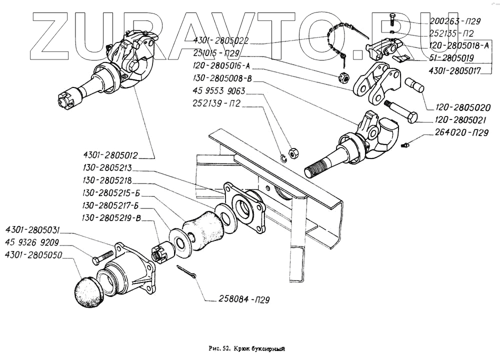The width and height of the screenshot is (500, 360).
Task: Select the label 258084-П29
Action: [x=244, y=299]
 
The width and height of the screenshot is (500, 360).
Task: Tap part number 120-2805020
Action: [x=463, y=107]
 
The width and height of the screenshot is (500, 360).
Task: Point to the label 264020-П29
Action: [x=461, y=132]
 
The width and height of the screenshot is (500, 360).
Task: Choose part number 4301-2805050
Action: [x=33, y=255]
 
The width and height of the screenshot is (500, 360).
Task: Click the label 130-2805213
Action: [x=107, y=168]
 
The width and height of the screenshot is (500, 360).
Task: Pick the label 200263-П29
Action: [x=455, y=21]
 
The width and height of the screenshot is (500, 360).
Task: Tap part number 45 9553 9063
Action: [x=219, y=91]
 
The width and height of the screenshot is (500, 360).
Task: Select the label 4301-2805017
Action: [x=454, y=71]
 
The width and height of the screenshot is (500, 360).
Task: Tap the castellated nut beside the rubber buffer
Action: [x=162, y=251]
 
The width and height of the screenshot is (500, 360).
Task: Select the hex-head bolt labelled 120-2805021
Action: [x=401, y=111]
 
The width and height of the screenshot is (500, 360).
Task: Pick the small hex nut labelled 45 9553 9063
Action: [x=293, y=153]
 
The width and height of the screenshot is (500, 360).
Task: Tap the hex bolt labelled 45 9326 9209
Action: [x=102, y=257]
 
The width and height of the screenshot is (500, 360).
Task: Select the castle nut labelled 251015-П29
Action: [x=344, y=76]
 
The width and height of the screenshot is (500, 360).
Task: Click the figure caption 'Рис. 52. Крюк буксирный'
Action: [x=247, y=349]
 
